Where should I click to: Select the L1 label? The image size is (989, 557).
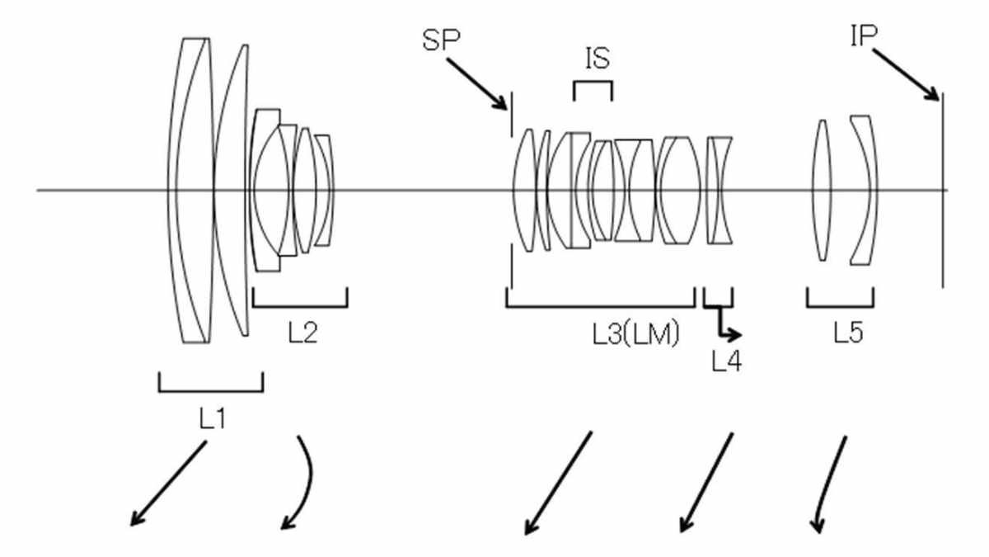pyautogui.click(x=212, y=418)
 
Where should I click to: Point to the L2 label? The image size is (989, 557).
pyautogui.click(x=302, y=333)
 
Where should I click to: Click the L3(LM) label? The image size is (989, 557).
pyautogui.click(x=635, y=333)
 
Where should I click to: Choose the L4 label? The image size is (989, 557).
pyautogui.click(x=726, y=361)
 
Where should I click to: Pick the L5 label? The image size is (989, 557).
pyautogui.click(x=847, y=333)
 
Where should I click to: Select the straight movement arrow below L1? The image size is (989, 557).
pyautogui.click(x=168, y=484)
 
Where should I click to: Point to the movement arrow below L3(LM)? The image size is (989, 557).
pyautogui.click(x=558, y=483)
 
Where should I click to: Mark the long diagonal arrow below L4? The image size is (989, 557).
pyautogui.click(x=705, y=483)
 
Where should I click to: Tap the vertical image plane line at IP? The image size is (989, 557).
pyautogui.click(x=942, y=190)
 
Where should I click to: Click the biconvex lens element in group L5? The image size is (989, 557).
pyautogui.click(x=821, y=191)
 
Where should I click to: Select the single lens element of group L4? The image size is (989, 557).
pyautogui.click(x=719, y=191)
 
